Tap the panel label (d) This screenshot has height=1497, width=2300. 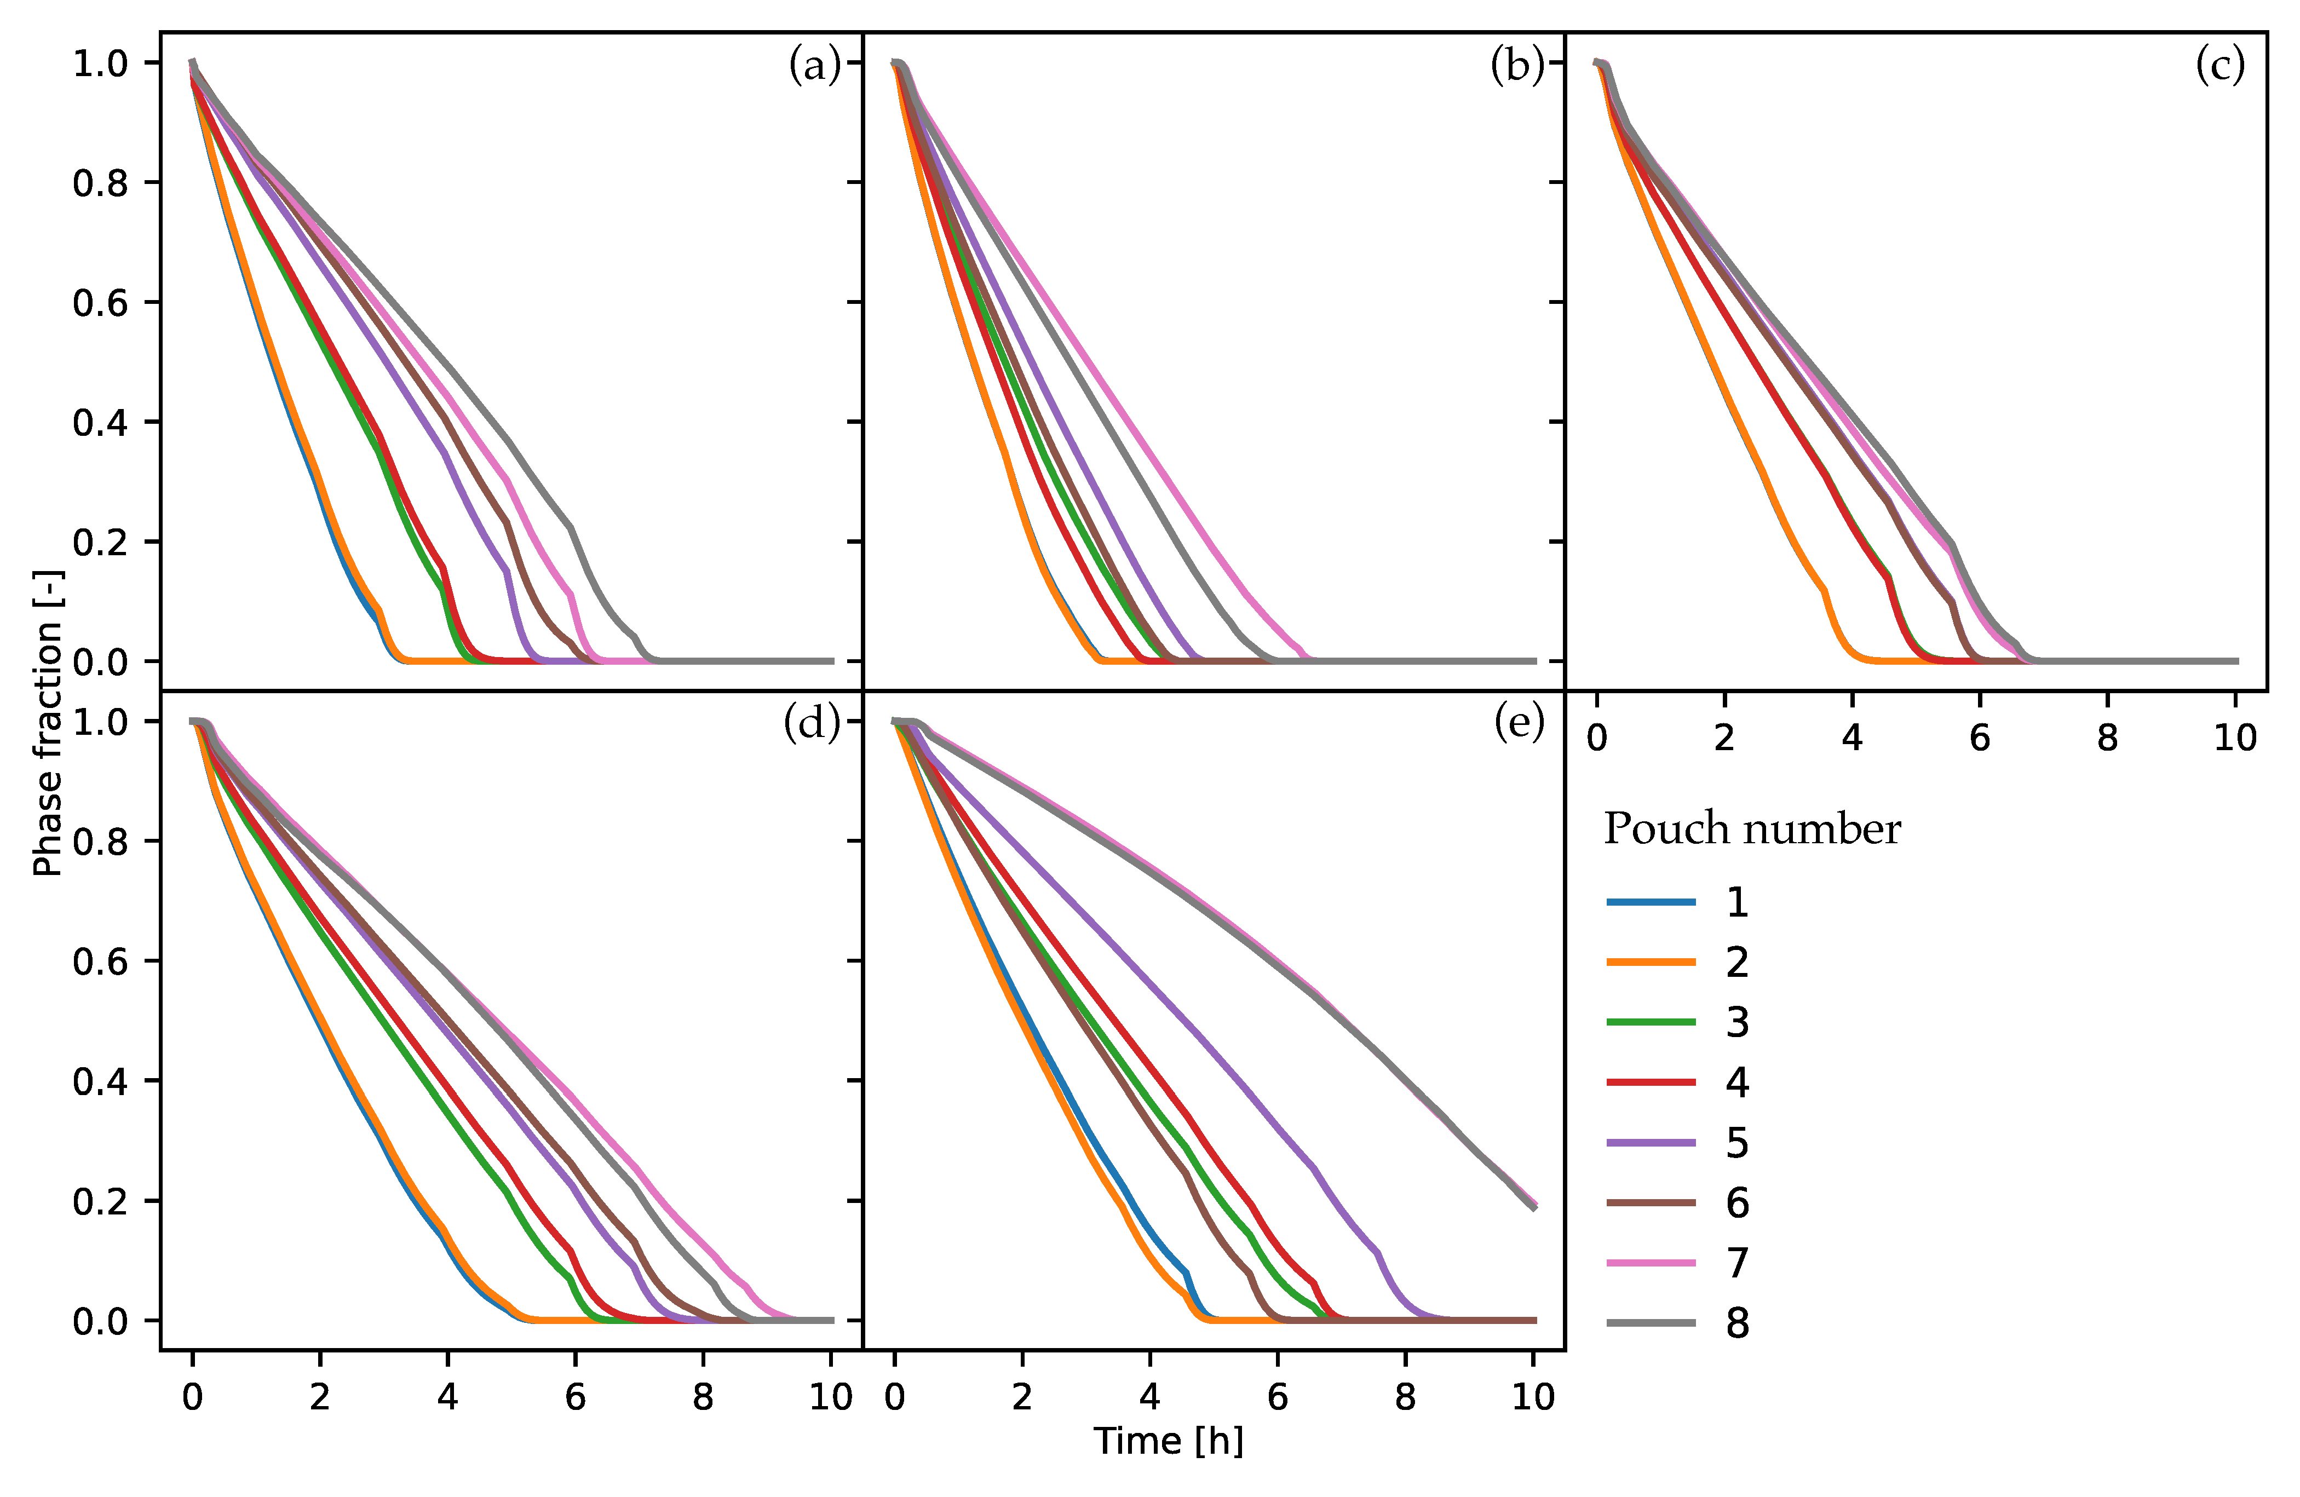[x=812, y=723]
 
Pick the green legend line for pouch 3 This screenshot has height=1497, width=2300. [x=1651, y=1022]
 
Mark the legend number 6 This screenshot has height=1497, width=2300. [x=1737, y=1203]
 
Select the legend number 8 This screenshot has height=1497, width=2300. [x=1737, y=1323]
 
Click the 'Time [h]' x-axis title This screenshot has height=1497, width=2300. [x=1169, y=1441]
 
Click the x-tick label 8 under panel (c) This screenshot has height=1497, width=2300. [x=2108, y=738]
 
